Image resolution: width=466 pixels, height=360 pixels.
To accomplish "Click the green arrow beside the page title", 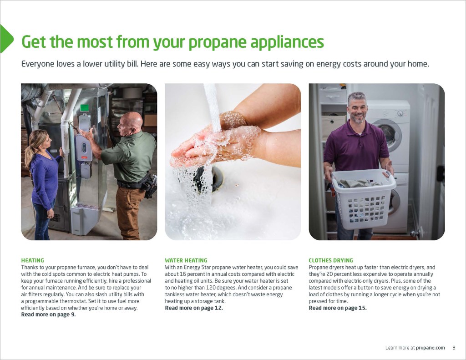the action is (6, 39).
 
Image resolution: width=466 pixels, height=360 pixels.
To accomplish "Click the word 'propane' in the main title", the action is (217, 42).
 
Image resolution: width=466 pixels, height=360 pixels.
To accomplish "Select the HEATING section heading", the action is (32, 260).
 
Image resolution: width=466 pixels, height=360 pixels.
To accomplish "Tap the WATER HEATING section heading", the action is (186, 260).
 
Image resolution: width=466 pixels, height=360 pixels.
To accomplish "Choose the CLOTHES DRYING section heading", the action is (331, 260).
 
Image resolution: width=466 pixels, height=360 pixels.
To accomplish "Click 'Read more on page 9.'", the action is (48, 314).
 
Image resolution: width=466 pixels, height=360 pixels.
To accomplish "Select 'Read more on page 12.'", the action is (194, 308).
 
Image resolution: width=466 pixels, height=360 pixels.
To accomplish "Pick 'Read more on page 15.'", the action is (338, 308).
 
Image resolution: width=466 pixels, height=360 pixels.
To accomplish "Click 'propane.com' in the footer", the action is (431, 348).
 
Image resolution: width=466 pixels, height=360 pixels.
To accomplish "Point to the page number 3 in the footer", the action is (454, 348).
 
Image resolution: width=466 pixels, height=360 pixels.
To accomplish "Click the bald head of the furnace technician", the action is (131, 121).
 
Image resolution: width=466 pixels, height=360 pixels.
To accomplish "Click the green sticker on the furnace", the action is (85, 107).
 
